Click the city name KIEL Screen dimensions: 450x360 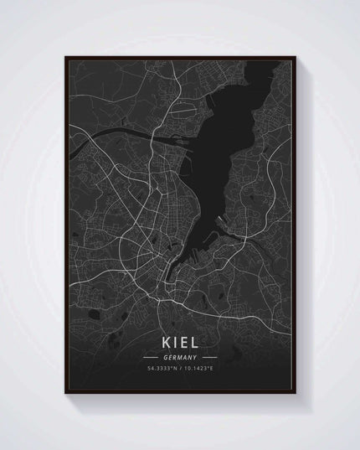181,343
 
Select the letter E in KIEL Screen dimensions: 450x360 187,343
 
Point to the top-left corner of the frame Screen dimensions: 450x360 65,56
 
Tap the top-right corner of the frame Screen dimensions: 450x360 297,56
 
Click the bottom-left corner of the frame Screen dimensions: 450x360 65,394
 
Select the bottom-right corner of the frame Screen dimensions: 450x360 297,394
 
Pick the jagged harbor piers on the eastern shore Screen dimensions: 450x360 223,221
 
